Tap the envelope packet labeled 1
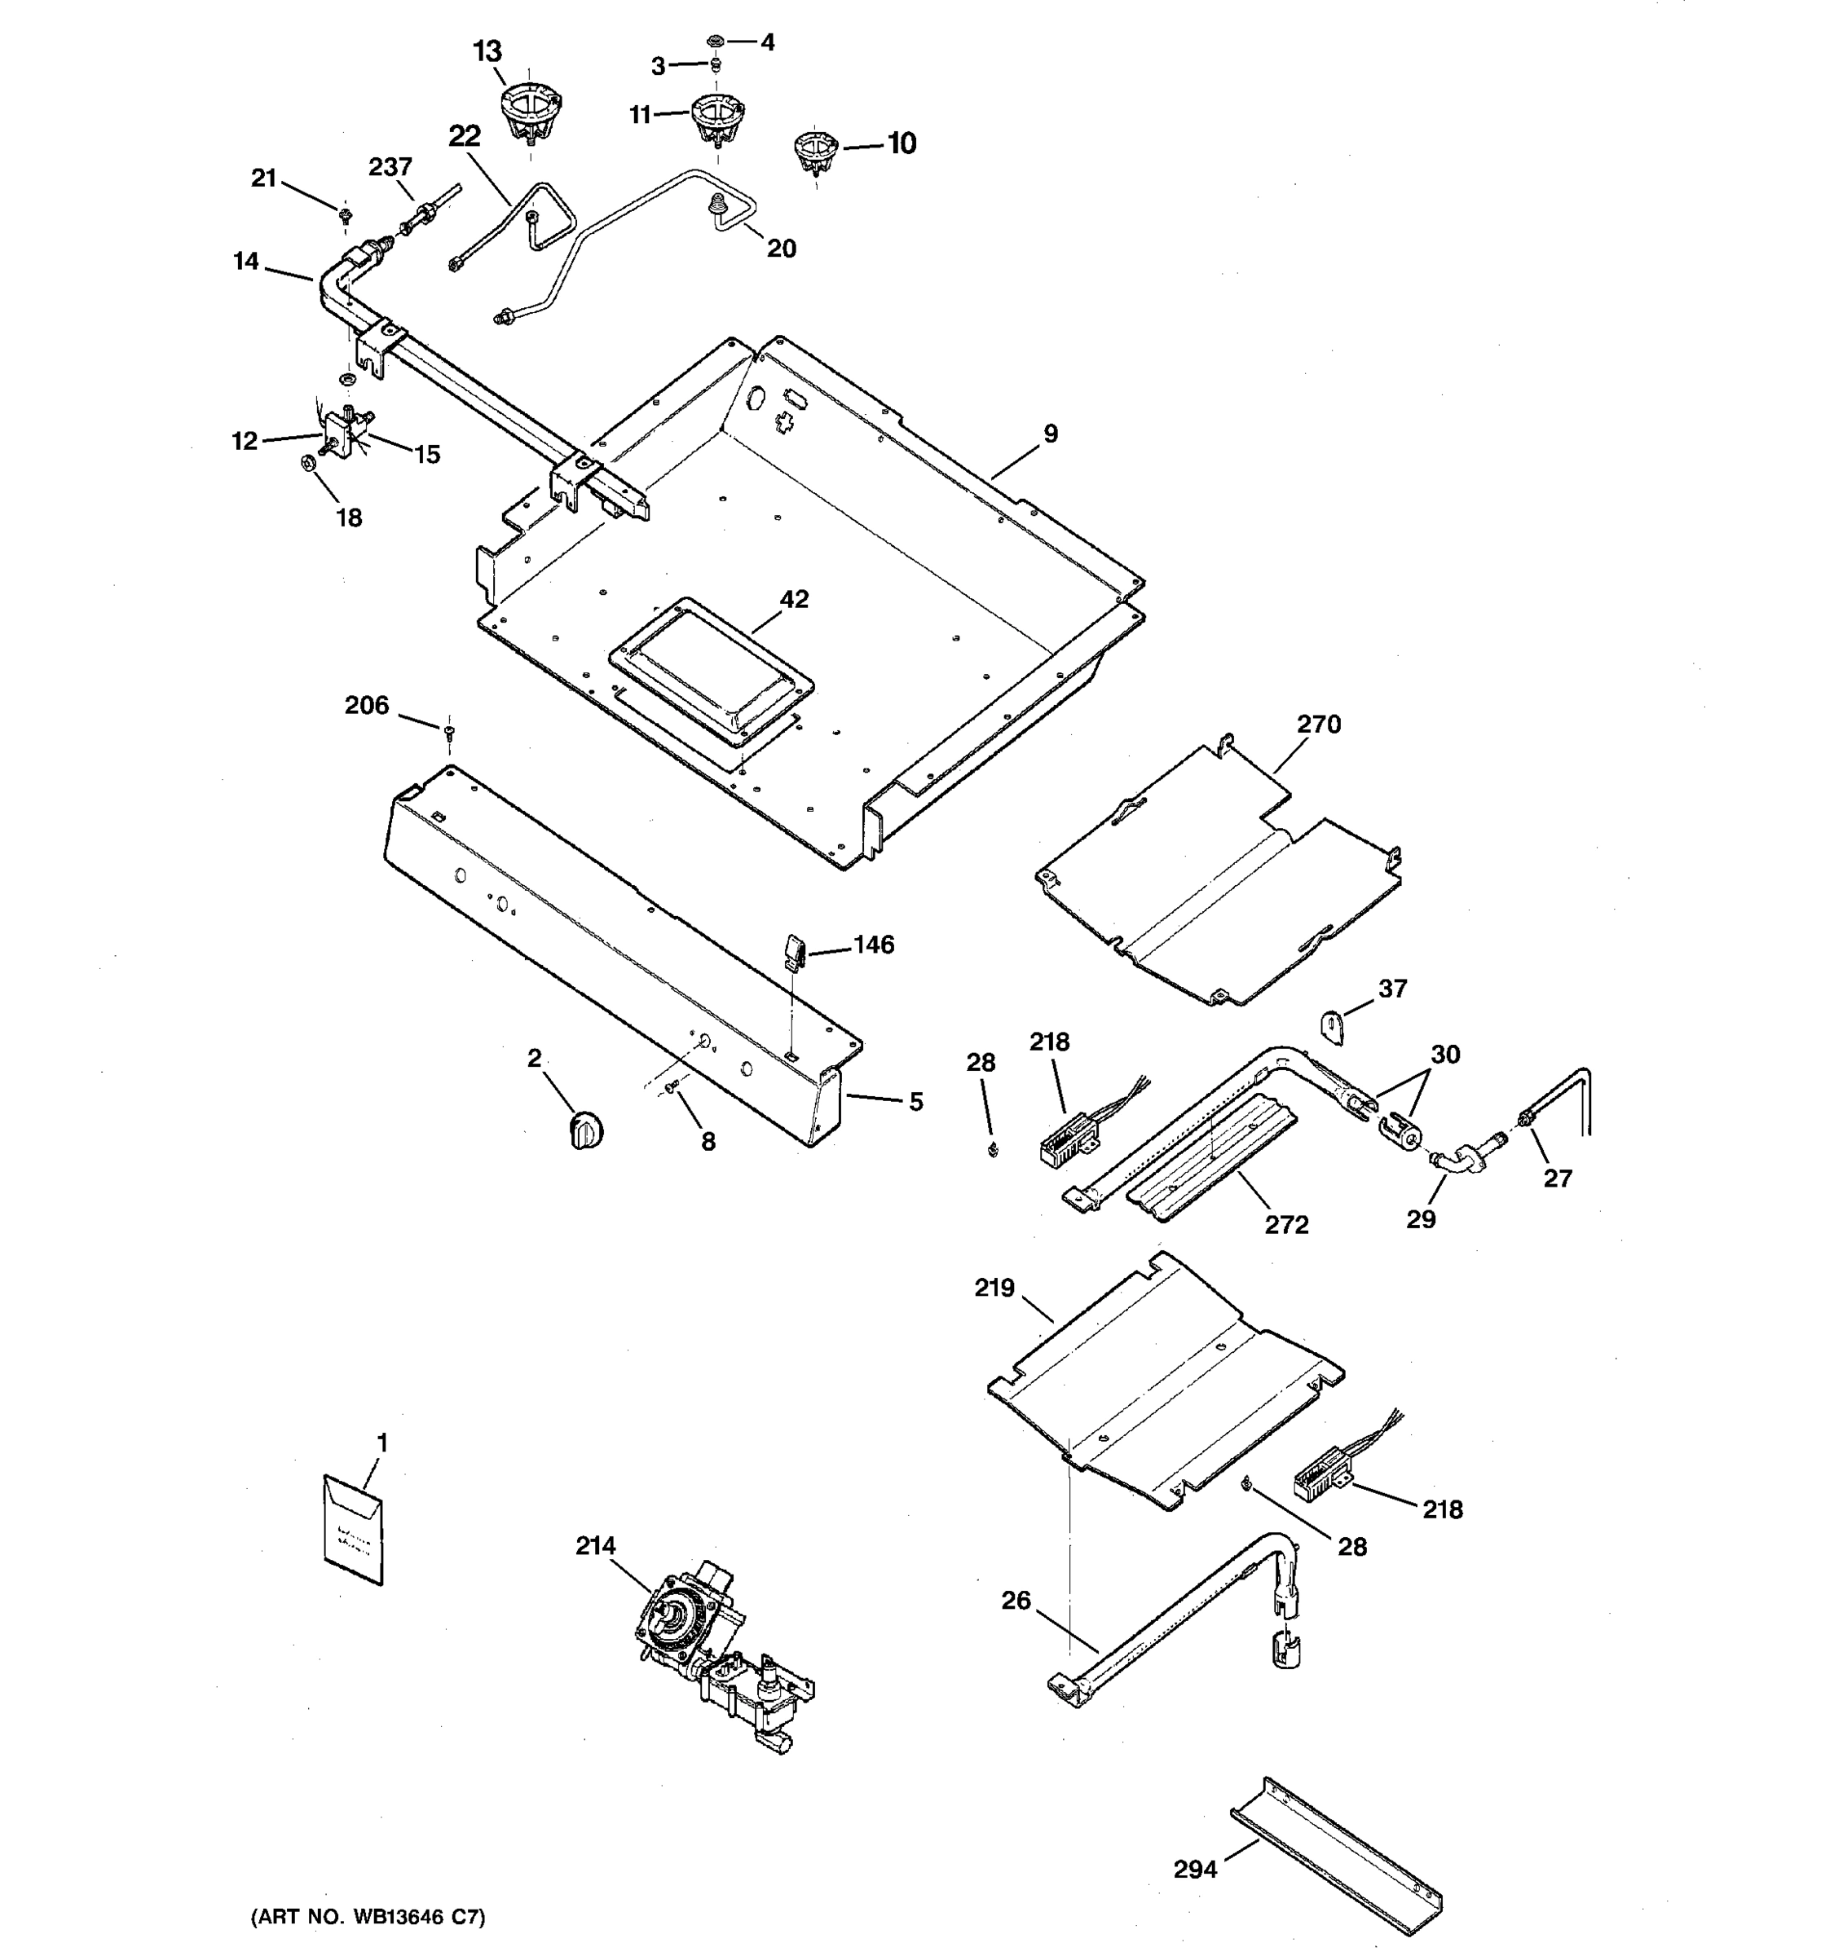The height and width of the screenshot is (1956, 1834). (353, 1530)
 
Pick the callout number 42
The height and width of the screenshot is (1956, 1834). (794, 599)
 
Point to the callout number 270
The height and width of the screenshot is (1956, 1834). (1318, 725)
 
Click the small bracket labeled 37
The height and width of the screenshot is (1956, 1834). (1334, 1029)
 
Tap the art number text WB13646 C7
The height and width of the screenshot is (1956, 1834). (368, 1917)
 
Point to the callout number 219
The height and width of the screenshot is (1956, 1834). (994, 1288)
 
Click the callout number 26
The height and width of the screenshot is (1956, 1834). (1016, 1601)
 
